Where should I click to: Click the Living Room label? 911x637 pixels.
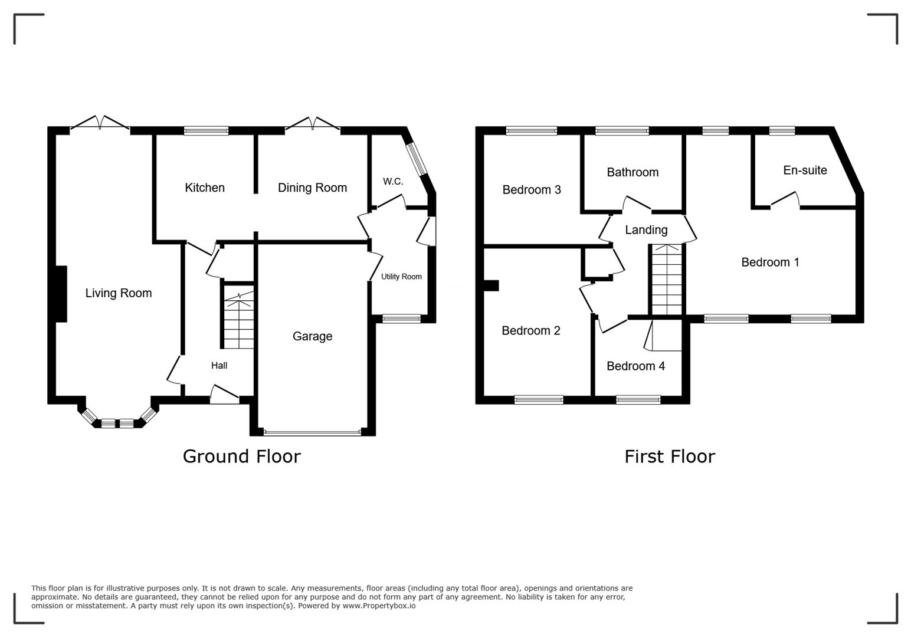[x=119, y=293]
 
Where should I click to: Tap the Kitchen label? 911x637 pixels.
[x=205, y=188]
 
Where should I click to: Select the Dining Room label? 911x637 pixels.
[x=312, y=188]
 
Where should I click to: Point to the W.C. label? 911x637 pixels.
[x=393, y=181]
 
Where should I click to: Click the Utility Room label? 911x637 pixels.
[x=401, y=277]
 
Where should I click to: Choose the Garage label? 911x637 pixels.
[x=312, y=336]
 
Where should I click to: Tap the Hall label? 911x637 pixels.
[x=219, y=366]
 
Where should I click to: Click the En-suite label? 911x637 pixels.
[x=805, y=170]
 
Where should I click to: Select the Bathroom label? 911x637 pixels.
[x=633, y=172]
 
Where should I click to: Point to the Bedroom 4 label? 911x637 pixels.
[x=635, y=366]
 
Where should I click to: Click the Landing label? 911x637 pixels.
[x=646, y=230]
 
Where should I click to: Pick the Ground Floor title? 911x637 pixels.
[x=241, y=457]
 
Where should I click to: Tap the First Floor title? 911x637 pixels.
[x=670, y=457]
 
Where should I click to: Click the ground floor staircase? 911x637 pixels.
[x=238, y=321]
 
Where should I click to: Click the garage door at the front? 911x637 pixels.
[x=312, y=432]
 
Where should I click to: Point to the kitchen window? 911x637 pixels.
[x=206, y=131]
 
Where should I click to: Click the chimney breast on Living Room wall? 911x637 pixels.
[x=61, y=294]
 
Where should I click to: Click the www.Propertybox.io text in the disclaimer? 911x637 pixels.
[x=379, y=606]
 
